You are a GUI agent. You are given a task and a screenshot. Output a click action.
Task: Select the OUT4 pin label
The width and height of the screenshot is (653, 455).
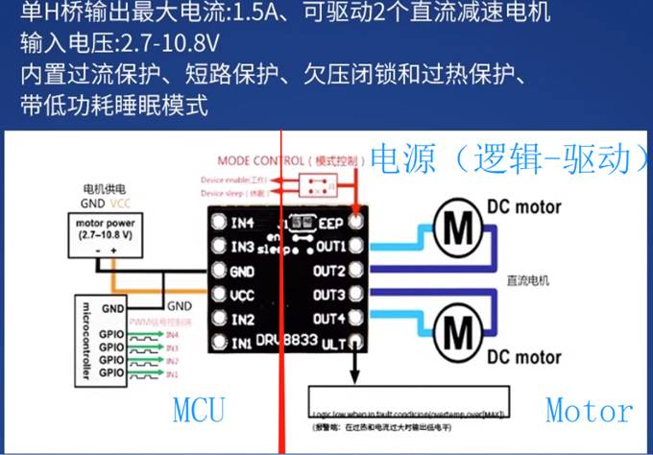pos(327,318)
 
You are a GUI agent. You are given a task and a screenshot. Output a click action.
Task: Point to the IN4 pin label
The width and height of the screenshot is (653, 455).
pos(243,224)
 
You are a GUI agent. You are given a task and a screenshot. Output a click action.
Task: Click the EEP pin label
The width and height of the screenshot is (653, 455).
pos(331,223)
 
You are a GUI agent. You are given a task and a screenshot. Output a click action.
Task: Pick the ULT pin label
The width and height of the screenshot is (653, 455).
pos(332,342)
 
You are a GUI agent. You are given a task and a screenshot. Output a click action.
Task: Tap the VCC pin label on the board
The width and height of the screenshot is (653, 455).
pos(243,295)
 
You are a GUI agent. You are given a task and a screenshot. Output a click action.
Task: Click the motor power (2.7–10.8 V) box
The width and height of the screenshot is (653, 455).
pos(108,234)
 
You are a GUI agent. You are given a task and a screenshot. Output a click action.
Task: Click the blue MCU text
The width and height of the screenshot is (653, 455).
pos(199,410)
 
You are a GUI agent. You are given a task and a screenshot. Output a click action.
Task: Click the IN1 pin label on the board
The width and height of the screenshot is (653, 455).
pos(242,342)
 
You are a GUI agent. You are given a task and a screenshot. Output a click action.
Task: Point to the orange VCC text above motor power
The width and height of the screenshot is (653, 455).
pos(121,204)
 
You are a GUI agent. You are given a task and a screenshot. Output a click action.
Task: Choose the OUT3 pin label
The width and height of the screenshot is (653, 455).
pos(327,294)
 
